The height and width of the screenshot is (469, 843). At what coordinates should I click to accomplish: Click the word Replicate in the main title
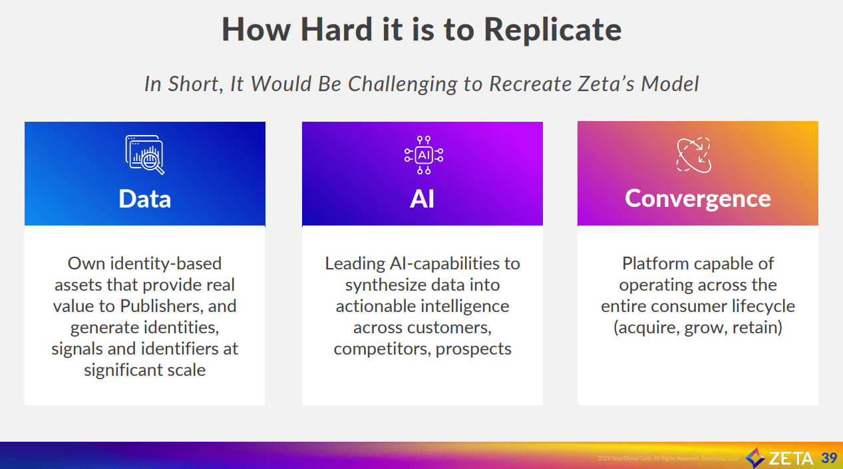point(552,29)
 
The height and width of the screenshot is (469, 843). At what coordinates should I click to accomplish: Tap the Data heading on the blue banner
point(144,199)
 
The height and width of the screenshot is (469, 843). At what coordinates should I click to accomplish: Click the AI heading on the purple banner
point(422,199)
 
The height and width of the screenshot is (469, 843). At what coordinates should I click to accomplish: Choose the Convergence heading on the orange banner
point(697,198)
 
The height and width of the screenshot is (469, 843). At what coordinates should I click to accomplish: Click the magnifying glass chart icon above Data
point(144,154)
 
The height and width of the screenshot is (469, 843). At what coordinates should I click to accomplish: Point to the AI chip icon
point(423,155)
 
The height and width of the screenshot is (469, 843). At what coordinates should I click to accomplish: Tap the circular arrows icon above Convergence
point(694,155)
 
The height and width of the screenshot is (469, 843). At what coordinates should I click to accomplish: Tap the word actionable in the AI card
point(377,306)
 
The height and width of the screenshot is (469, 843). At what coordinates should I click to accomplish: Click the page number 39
point(829,458)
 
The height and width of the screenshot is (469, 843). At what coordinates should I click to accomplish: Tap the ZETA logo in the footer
point(779,458)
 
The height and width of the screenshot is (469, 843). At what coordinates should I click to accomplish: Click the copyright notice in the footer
point(667,458)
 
